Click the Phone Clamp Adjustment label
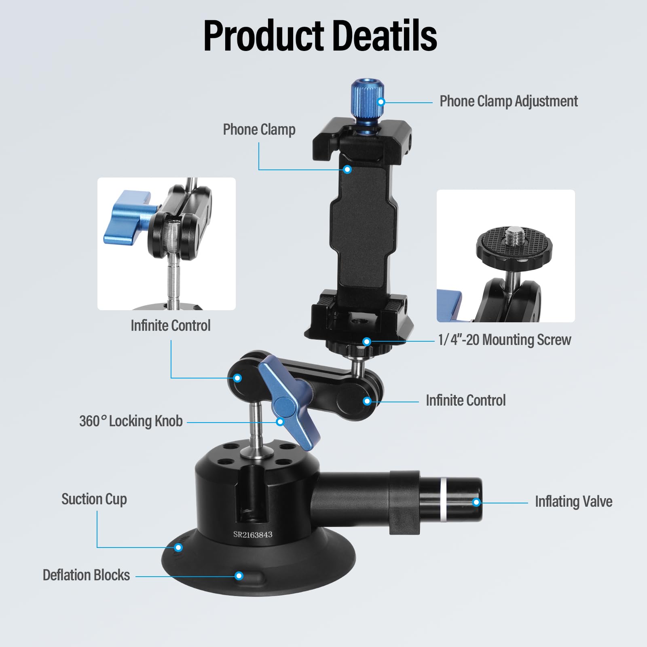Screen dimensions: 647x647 point(508,101)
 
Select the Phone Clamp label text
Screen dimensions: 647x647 point(259,129)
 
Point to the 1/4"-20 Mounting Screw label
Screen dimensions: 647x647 point(504,340)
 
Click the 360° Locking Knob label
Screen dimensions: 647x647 point(131,421)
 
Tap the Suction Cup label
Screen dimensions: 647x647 point(94,499)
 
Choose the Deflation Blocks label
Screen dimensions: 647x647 point(86,575)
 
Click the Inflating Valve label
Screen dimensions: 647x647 point(573,501)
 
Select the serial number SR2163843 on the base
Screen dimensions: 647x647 point(253,535)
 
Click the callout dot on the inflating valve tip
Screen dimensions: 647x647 point(476,502)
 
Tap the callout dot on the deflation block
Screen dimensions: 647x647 point(239,576)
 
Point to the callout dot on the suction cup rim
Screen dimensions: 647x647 point(178,548)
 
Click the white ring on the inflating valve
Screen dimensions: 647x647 point(443,500)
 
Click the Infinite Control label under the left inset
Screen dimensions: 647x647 point(170,326)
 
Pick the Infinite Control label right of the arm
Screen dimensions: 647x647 point(465,400)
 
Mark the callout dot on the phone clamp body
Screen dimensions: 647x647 point(347,169)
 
